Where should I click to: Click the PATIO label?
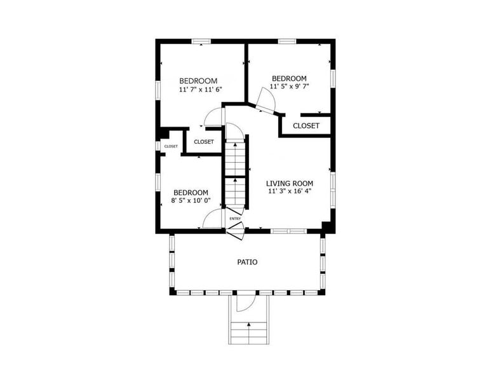pos(247,261)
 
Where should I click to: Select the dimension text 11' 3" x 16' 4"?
pos(289,191)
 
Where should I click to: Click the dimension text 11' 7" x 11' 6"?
pos(199,90)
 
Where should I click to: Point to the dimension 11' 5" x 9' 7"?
pos(289,87)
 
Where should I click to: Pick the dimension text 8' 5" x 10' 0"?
pos(191,200)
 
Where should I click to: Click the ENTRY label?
pos(235,219)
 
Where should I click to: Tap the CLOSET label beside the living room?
pos(306,126)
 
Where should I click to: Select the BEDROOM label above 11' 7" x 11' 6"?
pos(198,81)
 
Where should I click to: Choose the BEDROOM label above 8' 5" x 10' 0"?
pos(191,192)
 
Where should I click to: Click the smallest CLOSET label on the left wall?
pos(171,146)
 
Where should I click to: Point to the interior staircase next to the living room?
pos(235,172)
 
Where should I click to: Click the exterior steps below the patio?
pos(248,331)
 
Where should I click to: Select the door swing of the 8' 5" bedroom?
pos(212,219)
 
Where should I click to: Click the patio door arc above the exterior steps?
pos(245,302)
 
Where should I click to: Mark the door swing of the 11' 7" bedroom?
pos(213,117)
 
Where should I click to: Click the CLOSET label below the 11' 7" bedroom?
pos(204,142)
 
